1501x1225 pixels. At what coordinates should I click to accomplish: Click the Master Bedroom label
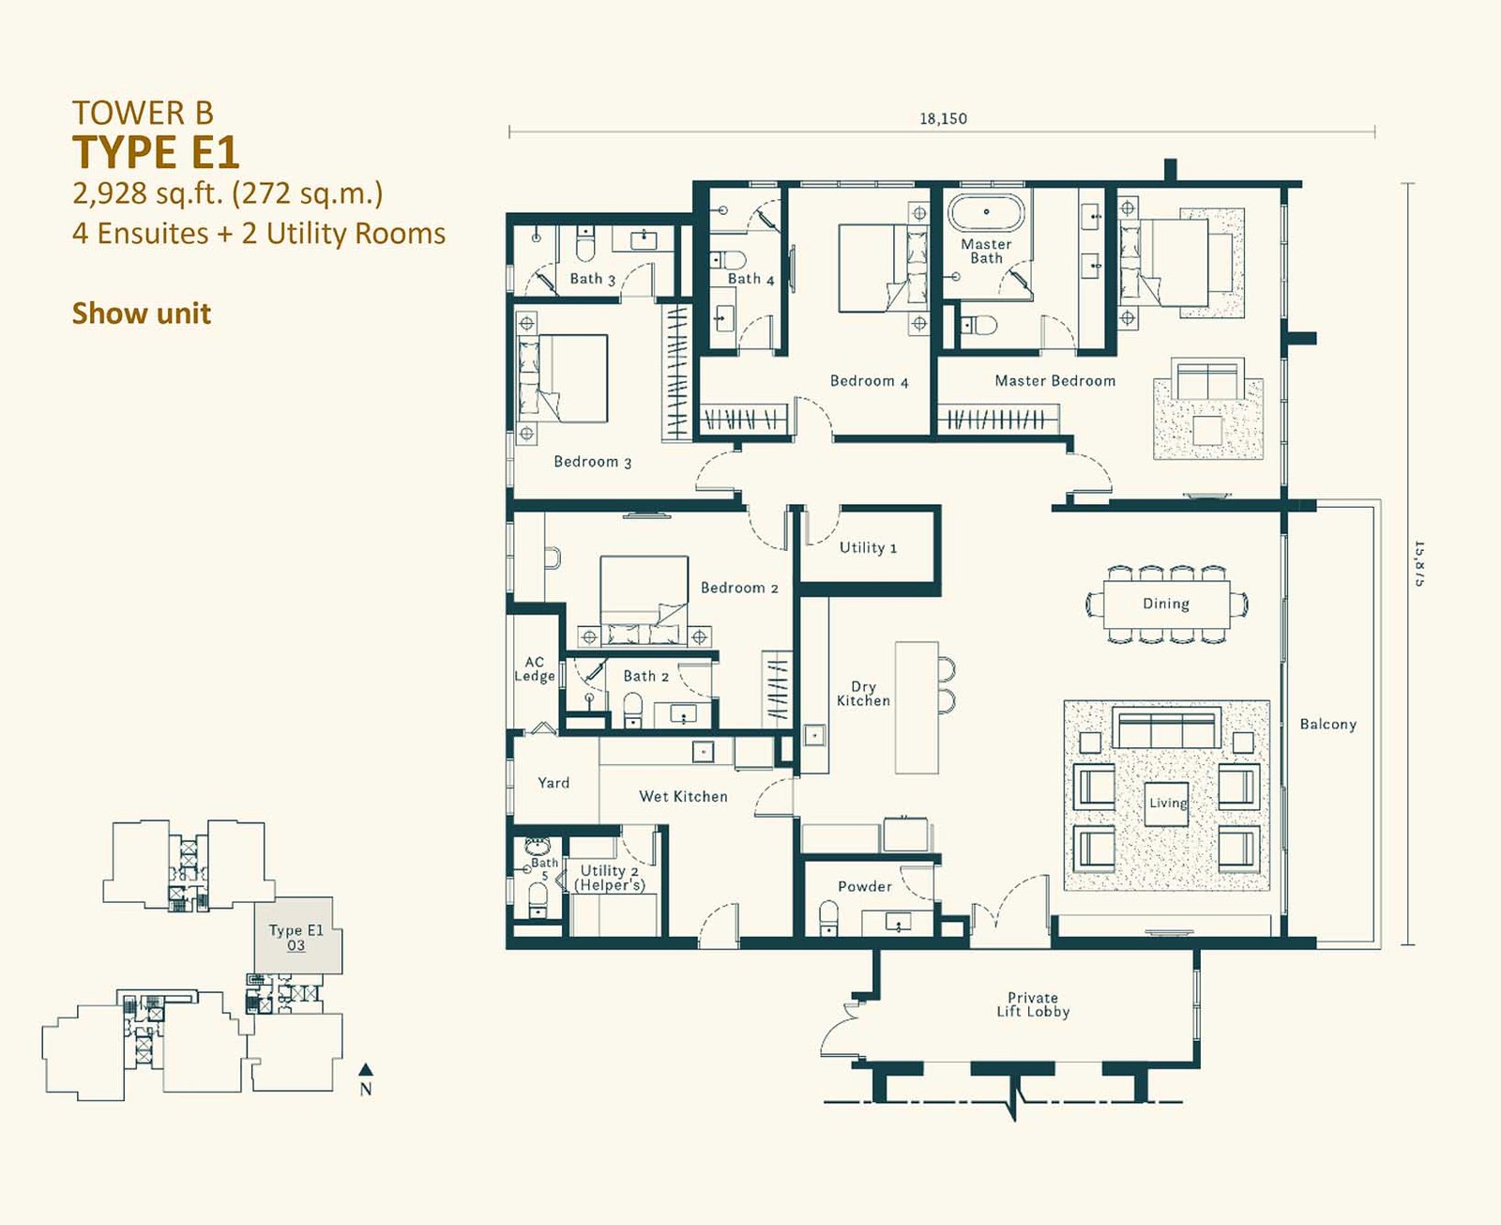(x=1054, y=381)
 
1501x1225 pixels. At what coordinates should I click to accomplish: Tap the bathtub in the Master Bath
(x=986, y=211)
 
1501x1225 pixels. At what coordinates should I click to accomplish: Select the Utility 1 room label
(x=868, y=547)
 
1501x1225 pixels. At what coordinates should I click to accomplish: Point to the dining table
(x=1166, y=604)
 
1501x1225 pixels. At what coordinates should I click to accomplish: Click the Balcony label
(x=1328, y=725)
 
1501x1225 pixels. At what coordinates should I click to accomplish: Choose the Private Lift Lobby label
(x=1033, y=1004)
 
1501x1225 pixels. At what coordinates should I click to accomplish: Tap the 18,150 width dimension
(x=943, y=118)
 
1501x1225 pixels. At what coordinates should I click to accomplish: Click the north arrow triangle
(x=366, y=1069)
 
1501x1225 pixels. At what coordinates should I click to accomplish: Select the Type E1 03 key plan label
(x=296, y=937)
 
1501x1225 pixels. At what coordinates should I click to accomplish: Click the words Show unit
(x=142, y=314)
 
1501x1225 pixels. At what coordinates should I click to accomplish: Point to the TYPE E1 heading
(x=156, y=152)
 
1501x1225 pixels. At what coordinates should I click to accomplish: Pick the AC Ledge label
(x=535, y=669)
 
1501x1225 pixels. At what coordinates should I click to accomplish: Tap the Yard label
(x=553, y=783)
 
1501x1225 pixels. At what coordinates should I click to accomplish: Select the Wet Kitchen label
(x=683, y=796)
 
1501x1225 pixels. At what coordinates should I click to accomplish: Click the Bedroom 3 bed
(x=563, y=379)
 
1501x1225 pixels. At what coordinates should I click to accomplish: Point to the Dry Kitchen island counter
(x=917, y=707)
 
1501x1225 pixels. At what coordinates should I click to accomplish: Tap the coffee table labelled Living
(x=1166, y=804)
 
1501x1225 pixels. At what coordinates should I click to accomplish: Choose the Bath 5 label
(x=544, y=869)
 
